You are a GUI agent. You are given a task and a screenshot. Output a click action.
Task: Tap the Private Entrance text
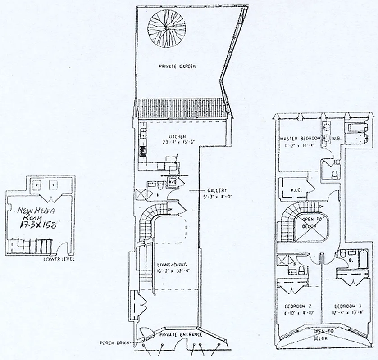coord(179,335)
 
